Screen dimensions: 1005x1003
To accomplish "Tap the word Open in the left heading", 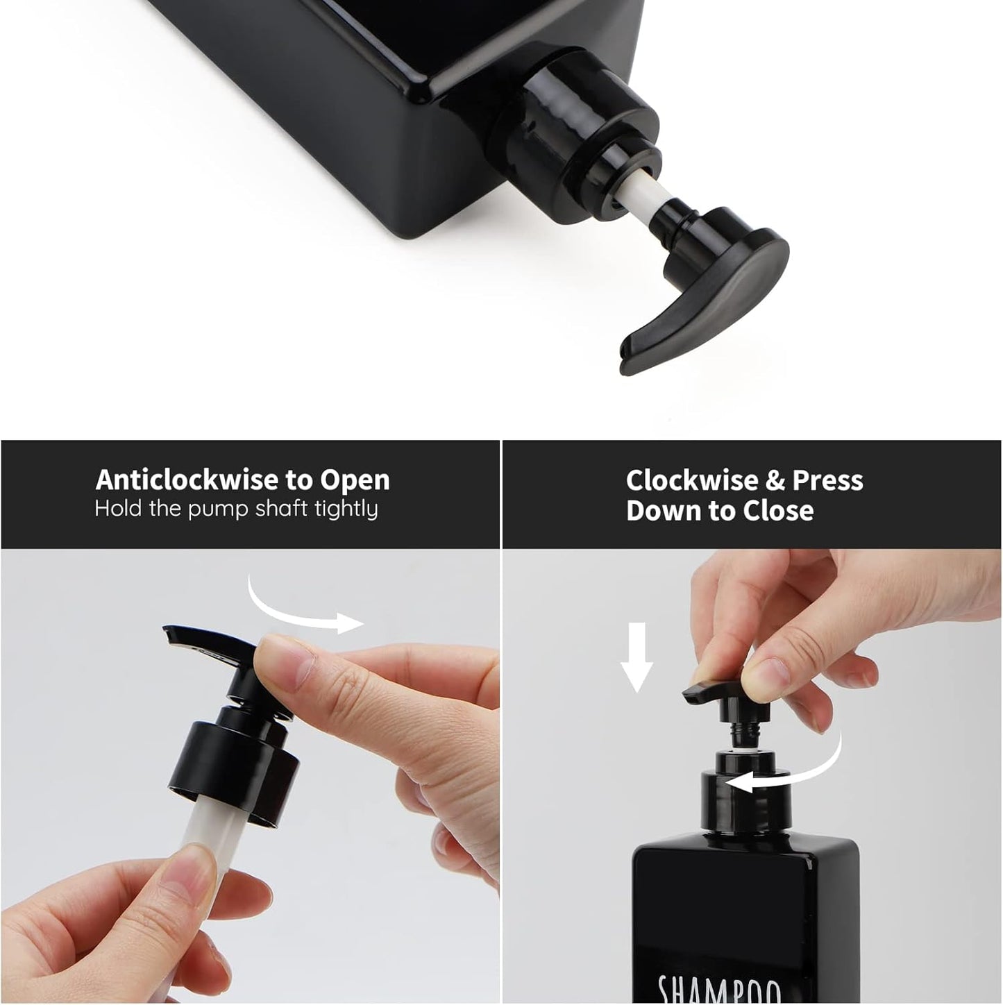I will [x=355, y=480].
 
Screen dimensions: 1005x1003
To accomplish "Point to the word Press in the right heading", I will [x=827, y=480].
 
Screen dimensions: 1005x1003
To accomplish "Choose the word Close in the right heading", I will [x=778, y=511].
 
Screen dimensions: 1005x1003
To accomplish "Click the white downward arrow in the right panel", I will [x=636, y=657].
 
